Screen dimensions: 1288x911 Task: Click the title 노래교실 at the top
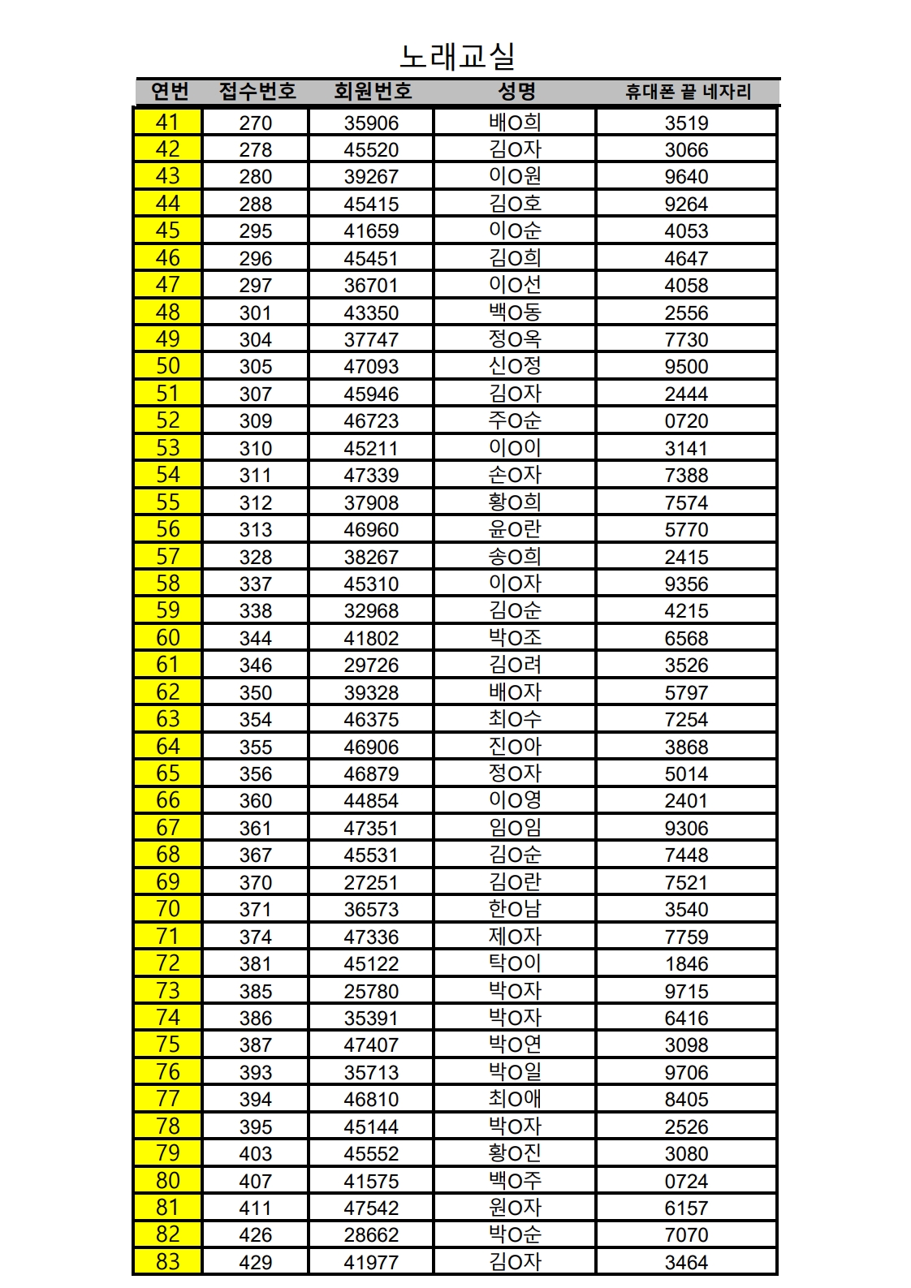coord(457,56)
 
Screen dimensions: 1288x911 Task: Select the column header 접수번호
coord(257,92)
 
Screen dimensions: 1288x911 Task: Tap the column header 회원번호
coord(373,92)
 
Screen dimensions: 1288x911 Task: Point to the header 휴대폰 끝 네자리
coord(688,92)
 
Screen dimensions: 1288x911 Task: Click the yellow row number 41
coord(167,122)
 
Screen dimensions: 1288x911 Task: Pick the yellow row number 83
coord(167,1261)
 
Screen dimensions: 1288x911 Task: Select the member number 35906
coord(371,123)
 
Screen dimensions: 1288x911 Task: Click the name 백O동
coord(515,312)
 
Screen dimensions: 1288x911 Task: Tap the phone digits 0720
coord(686,421)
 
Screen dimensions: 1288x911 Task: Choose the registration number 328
coord(255,557)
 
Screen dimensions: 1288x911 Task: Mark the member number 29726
coord(371,666)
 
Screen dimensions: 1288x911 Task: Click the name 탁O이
coord(515,963)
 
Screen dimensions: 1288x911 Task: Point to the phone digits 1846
coord(686,964)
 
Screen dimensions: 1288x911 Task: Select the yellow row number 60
coord(167,638)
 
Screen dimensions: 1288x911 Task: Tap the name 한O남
coord(515,909)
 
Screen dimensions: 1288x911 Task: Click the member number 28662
coord(371,1235)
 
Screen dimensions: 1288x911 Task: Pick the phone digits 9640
coord(686,177)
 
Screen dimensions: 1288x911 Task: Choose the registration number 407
coord(255,1181)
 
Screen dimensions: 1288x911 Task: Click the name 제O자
coord(515,937)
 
